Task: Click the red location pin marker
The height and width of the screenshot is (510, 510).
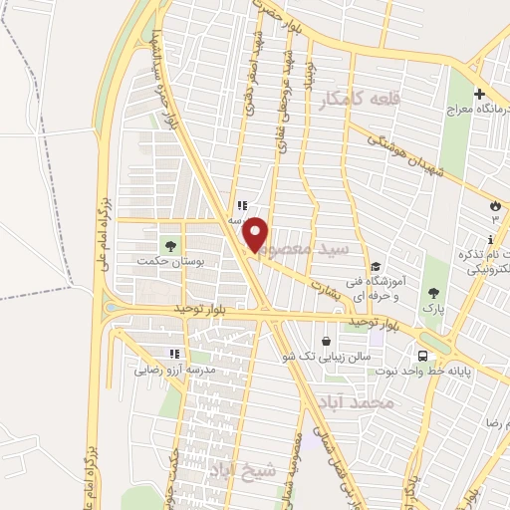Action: coord(257,234)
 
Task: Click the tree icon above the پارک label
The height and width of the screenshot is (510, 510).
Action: coord(432,293)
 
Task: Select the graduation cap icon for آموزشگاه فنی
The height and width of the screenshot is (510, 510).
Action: coord(376,266)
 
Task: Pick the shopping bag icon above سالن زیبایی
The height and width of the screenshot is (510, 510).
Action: coord(327,342)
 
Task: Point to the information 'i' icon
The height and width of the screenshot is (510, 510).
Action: coord(490,239)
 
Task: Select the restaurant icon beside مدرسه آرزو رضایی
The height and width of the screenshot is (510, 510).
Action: coord(174,354)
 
